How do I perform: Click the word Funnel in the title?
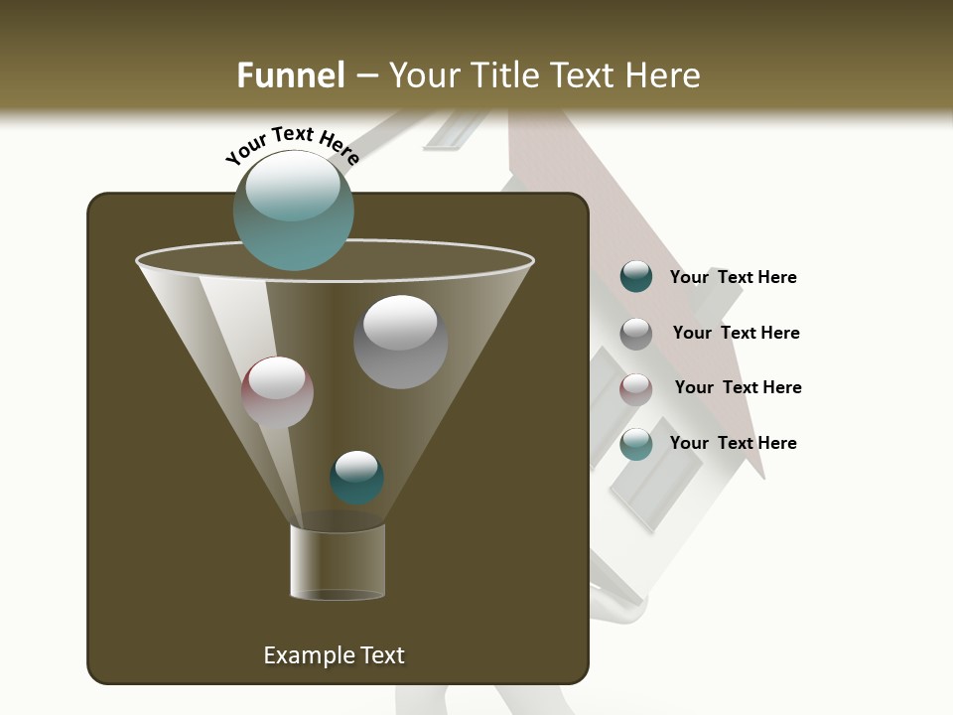coord(290,75)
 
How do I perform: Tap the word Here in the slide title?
coord(664,75)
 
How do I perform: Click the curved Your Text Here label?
coord(292,145)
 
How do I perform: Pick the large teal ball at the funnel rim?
coord(293,211)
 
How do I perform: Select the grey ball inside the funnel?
coord(400,342)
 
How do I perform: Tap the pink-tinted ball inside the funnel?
coord(277,392)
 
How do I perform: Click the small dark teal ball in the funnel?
coord(356,478)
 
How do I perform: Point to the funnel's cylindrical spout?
coord(338,562)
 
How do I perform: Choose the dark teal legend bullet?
coord(636,277)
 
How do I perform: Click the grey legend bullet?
coord(636,333)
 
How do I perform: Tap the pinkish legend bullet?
coord(636,388)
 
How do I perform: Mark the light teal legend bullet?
coord(636,444)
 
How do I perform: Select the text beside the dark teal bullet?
coord(733,277)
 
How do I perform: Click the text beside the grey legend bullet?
coord(736,333)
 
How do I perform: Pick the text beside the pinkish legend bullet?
coord(738,387)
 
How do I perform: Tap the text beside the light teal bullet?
coord(733,443)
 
